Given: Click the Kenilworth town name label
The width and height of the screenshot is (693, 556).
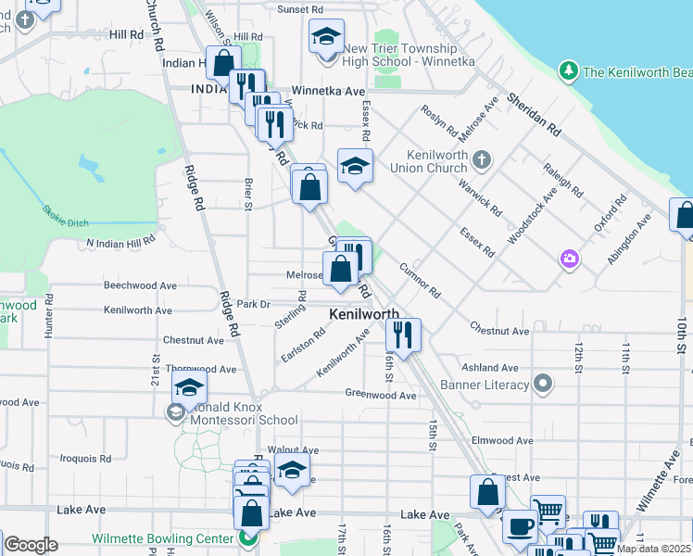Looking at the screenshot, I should tap(365, 315).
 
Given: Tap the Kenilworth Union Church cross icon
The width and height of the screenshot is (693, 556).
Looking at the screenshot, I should tap(480, 160).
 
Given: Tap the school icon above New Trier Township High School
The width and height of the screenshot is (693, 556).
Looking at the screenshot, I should tap(326, 37).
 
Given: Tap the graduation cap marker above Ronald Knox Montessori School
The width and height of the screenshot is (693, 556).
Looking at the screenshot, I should tap(189, 387).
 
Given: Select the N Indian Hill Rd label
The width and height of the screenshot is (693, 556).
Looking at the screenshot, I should tap(121, 242).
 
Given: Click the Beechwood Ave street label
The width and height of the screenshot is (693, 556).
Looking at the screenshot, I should tap(140, 286).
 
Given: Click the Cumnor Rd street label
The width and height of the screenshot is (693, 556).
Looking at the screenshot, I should tap(420, 281).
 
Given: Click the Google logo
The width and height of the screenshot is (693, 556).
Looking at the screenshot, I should tap(31, 546).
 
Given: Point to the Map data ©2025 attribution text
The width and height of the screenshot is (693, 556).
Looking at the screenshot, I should tap(654, 550).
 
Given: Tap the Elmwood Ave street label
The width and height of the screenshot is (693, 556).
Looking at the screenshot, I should tap(502, 440).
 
